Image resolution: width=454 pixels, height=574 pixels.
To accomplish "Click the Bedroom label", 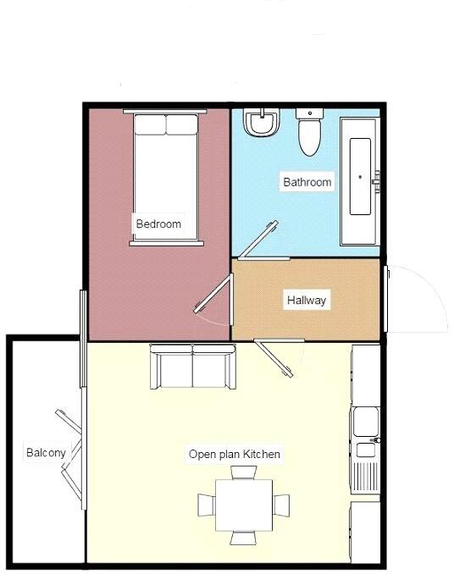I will [x=158, y=224].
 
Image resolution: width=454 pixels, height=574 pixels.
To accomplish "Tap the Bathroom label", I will [x=307, y=182].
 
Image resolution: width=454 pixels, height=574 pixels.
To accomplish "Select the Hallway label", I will [x=306, y=301].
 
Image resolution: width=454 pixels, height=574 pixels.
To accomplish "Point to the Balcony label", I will [x=46, y=453].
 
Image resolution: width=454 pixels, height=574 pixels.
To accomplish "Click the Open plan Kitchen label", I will [x=234, y=455].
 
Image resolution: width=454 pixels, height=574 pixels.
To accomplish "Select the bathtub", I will [x=360, y=180].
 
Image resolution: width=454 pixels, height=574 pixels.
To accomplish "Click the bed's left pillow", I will [x=152, y=125].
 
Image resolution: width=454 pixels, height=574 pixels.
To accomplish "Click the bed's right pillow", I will [x=182, y=125].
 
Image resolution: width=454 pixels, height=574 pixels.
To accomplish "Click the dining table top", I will [x=244, y=505].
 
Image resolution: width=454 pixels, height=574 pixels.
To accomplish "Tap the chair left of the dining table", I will [x=207, y=505].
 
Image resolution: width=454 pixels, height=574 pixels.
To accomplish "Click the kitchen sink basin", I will [x=366, y=421].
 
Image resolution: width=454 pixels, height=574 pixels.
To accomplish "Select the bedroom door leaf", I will [x=213, y=295].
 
